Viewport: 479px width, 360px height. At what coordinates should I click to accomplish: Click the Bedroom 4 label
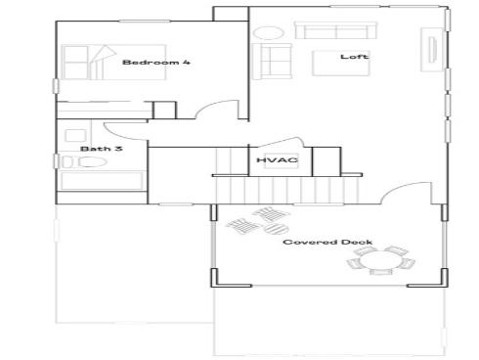[155, 63]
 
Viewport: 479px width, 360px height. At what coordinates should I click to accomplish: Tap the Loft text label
[353, 56]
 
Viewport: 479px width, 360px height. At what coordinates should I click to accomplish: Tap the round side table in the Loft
[266, 32]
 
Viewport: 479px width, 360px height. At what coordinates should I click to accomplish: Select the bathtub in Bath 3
[98, 181]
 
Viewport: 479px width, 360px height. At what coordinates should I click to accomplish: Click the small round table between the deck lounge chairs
[260, 222]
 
